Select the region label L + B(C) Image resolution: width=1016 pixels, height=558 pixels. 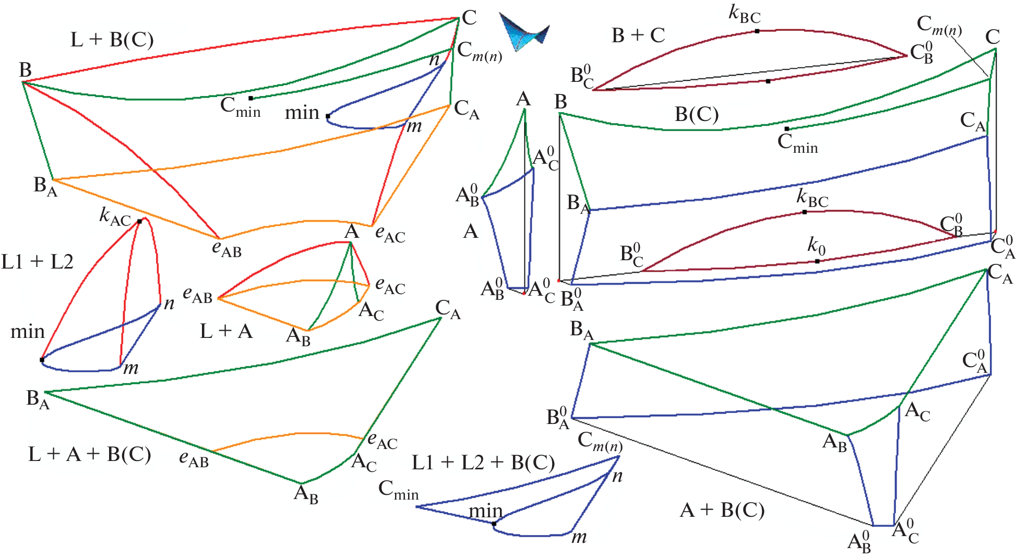[112, 40]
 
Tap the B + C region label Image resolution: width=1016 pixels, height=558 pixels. [638, 35]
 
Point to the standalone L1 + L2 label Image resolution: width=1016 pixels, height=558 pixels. [37, 262]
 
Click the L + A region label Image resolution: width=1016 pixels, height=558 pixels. [226, 331]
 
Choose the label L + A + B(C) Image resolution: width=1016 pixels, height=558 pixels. [89, 454]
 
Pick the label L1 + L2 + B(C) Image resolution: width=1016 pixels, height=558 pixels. [483, 463]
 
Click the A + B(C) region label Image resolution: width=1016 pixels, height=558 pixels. [722, 510]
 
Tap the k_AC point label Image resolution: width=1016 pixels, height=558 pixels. [115, 216]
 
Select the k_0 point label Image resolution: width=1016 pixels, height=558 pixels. [816, 245]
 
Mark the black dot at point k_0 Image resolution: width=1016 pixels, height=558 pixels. [817, 261]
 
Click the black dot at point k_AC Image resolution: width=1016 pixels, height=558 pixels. [139, 222]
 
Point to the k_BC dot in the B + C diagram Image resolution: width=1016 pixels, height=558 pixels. [757, 31]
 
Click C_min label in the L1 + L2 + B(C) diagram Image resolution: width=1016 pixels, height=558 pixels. [398, 490]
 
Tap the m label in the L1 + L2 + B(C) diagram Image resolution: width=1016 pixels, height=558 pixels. [579, 537]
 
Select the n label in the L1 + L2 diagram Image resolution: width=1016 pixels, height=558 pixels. [169, 304]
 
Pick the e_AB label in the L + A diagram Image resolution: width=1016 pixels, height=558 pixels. [197, 295]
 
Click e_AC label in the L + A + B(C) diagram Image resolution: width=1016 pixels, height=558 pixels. [382, 441]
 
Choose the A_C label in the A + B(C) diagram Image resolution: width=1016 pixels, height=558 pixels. [917, 412]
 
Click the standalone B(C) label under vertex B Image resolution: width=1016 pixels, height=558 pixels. [696, 114]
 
